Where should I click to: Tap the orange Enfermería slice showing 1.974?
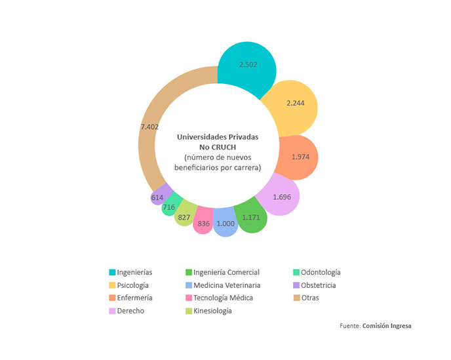click(298, 157)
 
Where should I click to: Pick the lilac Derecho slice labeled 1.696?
click(279, 195)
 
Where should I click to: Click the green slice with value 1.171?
click(251, 216)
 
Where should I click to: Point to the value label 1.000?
click(226, 224)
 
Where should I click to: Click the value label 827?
click(184, 217)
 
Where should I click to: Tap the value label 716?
click(169, 207)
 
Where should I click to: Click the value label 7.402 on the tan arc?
click(149, 127)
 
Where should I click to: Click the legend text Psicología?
click(132, 285)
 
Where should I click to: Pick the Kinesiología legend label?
click(212, 311)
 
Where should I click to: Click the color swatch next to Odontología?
click(296, 272)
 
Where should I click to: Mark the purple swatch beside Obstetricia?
click(296, 285)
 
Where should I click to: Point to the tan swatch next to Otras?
click(296, 298)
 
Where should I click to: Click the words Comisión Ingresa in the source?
click(387, 326)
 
